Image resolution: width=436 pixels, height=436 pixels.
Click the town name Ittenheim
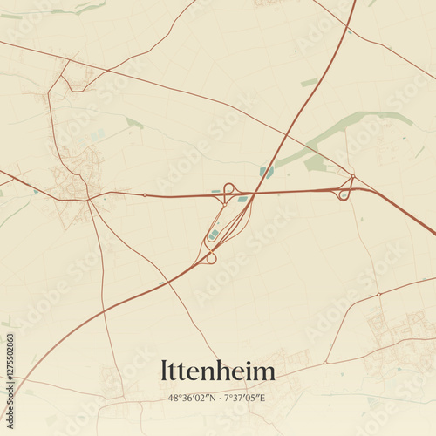click(218, 371)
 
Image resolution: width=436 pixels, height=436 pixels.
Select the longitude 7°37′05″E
click(245, 398)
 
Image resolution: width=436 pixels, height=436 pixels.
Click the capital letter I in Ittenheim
click(164, 371)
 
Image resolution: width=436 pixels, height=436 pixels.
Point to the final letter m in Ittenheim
click(265, 373)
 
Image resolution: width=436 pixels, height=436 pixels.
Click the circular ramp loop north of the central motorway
click(229, 187)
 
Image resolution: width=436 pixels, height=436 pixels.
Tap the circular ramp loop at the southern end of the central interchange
click(210, 257)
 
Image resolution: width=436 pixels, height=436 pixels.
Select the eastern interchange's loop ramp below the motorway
click(344, 194)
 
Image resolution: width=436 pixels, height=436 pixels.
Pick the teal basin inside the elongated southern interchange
click(214, 235)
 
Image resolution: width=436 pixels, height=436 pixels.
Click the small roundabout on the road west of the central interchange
click(145, 195)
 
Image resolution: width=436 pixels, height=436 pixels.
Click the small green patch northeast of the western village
click(133, 123)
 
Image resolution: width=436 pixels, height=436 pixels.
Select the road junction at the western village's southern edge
click(88, 200)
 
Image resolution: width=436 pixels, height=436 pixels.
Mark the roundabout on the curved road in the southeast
click(379, 295)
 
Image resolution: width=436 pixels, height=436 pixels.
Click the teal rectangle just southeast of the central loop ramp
click(242, 200)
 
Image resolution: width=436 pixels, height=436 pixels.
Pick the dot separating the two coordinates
click(219, 398)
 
